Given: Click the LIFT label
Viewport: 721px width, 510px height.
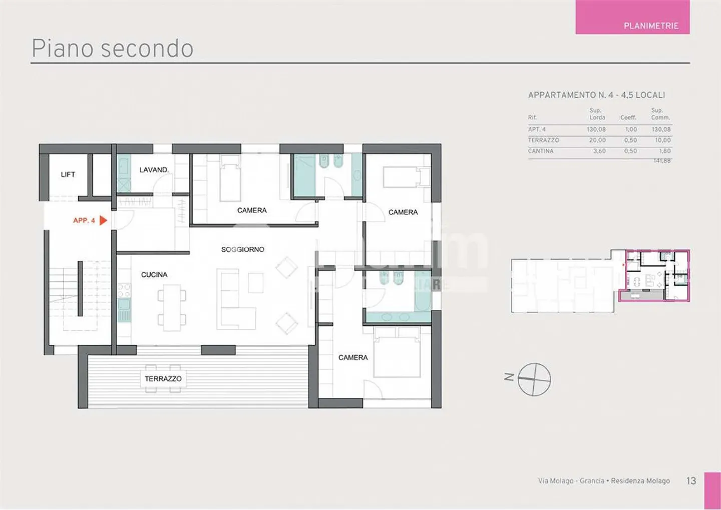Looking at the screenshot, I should (x=68, y=174).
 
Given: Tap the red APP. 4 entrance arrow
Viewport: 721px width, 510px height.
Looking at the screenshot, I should (x=103, y=220).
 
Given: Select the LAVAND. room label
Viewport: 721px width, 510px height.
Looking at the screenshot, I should (x=154, y=170).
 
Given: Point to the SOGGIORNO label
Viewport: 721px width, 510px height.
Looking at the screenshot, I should (x=243, y=249).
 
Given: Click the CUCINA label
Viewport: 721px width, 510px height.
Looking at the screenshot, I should (x=154, y=275).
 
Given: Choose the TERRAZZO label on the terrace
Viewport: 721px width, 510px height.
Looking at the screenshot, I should (x=163, y=379).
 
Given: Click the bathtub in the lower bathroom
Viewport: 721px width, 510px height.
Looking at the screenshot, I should (x=423, y=291).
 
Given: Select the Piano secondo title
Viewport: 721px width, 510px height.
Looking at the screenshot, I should (x=113, y=49).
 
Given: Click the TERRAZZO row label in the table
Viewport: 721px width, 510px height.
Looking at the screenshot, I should (x=543, y=140).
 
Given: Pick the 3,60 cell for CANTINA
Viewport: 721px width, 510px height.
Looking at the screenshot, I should (x=599, y=151).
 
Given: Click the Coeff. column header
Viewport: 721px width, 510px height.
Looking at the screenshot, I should (x=628, y=118).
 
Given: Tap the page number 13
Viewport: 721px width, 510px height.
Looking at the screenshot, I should (x=691, y=480).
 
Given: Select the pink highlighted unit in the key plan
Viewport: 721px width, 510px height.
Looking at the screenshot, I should (x=654, y=275).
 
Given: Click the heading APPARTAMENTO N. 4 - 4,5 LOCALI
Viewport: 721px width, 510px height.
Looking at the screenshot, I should (x=596, y=95).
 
